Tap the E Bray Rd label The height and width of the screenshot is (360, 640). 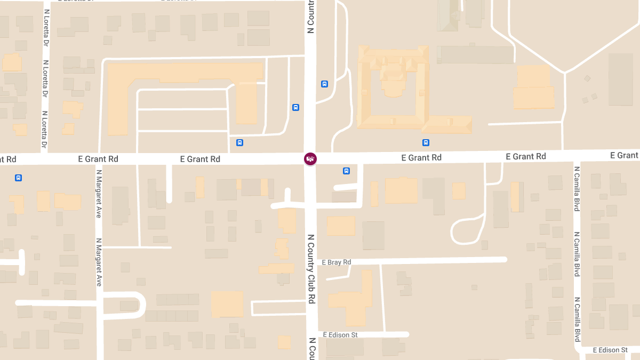point(337,262)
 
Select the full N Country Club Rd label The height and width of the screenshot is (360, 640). point(311,269)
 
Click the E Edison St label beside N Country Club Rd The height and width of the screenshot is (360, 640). point(340,335)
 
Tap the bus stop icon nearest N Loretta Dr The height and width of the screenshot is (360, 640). point(19,178)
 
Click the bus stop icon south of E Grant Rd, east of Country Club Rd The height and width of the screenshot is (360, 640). point(346,171)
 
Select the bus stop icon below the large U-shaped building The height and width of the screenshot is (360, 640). point(426,142)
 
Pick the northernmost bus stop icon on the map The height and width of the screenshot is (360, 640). point(324,84)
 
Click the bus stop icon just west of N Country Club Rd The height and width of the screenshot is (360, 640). point(295,107)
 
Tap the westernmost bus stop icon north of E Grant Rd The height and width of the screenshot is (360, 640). point(239,142)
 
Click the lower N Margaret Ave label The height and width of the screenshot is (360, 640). point(99,262)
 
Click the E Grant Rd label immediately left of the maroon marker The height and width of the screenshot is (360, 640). point(200,159)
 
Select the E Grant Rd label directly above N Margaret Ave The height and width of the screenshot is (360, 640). point(98,159)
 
